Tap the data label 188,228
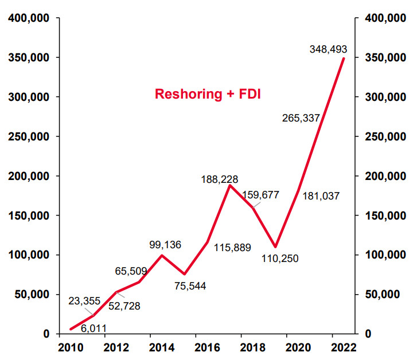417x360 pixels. coord(219,179)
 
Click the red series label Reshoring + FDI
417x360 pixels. coord(208,94)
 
